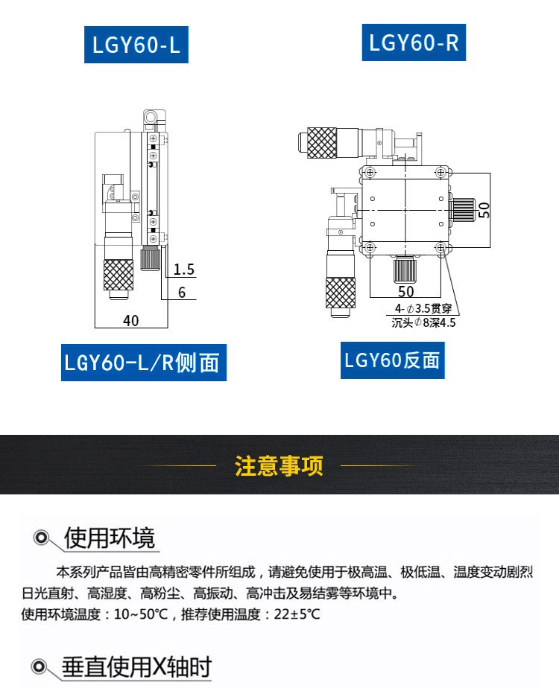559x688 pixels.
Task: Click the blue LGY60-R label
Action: (414, 43)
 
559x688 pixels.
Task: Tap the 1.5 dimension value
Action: (184, 269)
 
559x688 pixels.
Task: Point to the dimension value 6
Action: (182, 293)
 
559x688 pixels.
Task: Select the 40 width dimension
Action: (131, 321)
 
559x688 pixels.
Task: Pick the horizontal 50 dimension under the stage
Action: (405, 291)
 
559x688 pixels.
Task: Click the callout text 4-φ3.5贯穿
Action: (423, 308)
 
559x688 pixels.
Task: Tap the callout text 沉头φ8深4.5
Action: (423, 323)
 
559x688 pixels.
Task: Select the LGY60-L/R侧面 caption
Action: (142, 362)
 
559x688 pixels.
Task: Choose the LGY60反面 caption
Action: (393, 360)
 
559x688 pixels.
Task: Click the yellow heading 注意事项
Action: (279, 466)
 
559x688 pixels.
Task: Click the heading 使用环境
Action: (110, 538)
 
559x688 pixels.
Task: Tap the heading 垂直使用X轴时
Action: (137, 666)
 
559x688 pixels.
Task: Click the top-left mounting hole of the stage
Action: (368, 173)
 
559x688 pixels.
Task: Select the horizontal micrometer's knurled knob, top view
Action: (321, 142)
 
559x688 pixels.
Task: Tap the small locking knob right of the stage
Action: (464, 209)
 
